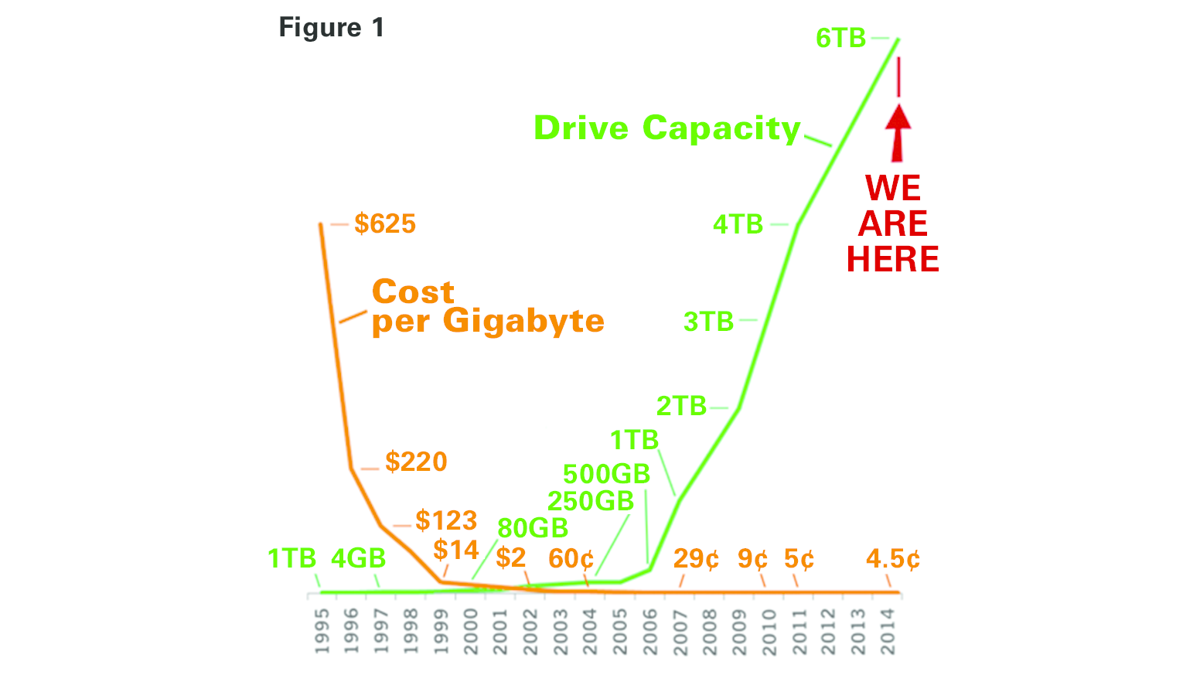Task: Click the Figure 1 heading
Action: point(331,28)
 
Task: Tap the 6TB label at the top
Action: point(840,38)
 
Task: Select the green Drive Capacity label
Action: point(666,128)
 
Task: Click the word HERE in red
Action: point(892,259)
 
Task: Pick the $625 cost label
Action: point(385,223)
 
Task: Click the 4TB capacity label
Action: point(738,224)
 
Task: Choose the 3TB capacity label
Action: point(708,321)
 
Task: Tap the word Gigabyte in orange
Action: point(523,321)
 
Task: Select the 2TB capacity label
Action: point(681,406)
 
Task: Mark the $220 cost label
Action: point(416,462)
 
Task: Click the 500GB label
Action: point(606,473)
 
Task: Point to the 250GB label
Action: point(591,501)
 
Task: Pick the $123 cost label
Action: point(446,520)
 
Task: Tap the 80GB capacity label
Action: point(533,528)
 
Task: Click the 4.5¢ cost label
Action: point(893,558)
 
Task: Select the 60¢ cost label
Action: point(571,558)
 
